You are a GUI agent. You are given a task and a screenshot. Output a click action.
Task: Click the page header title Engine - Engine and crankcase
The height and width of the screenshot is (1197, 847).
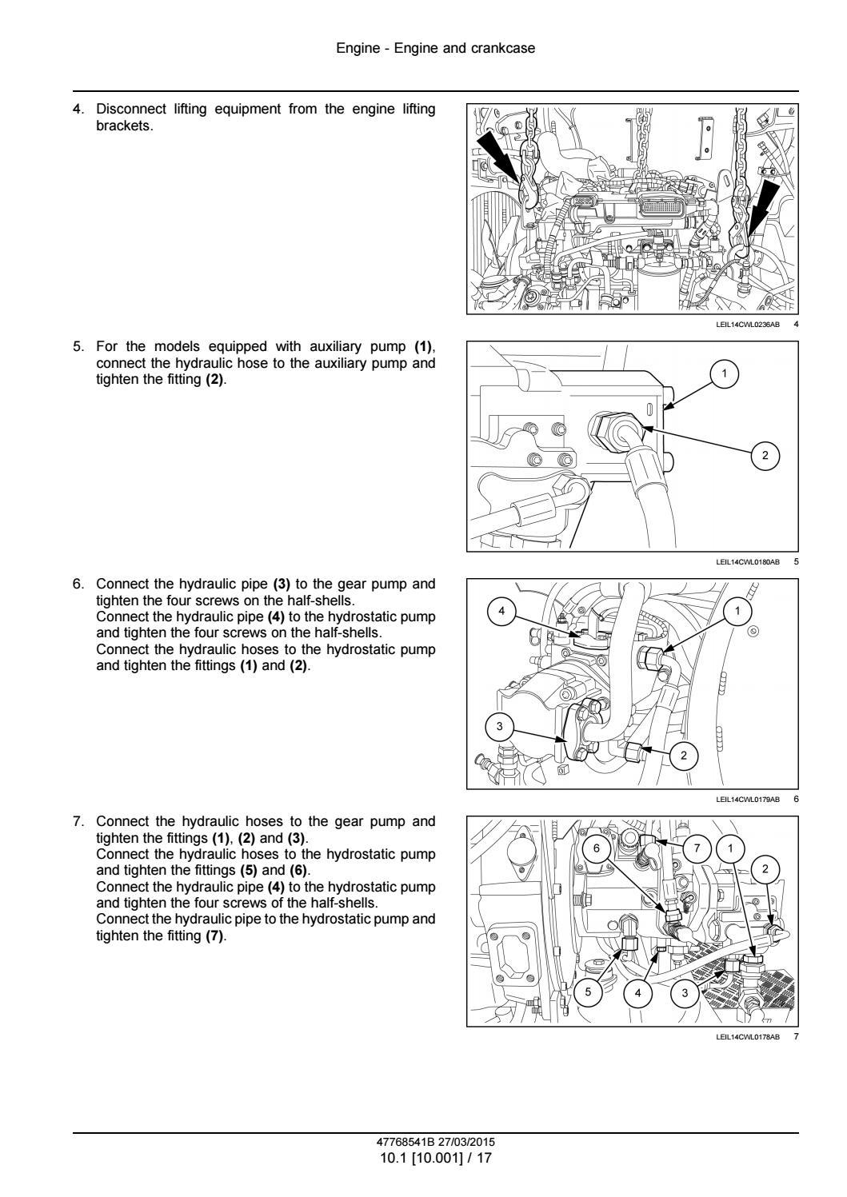click(436, 48)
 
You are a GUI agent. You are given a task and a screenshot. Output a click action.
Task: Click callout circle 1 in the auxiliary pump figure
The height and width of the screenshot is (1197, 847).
click(724, 373)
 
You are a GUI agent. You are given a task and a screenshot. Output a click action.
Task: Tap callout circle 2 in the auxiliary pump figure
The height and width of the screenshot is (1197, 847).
click(765, 455)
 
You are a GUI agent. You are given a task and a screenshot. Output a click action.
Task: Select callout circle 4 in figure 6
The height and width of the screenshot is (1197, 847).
click(501, 611)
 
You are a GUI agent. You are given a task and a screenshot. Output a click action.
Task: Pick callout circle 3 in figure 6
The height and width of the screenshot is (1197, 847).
click(500, 726)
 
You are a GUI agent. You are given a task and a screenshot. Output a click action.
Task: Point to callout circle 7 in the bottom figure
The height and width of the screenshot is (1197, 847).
click(697, 848)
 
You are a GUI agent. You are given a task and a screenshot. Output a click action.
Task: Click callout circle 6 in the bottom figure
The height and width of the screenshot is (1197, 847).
click(597, 848)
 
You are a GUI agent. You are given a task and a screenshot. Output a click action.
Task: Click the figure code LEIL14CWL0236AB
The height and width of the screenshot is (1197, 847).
click(748, 325)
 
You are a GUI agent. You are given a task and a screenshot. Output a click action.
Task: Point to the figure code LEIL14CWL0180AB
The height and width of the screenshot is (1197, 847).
click(748, 562)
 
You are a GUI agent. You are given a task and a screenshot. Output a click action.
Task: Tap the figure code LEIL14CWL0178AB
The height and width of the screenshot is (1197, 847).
click(748, 1037)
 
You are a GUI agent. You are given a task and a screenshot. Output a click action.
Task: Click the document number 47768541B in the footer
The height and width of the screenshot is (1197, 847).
click(406, 1142)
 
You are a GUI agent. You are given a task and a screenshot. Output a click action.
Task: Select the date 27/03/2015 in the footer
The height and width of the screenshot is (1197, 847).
click(466, 1142)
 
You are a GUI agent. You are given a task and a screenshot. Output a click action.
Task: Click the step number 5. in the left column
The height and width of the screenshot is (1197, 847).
click(78, 346)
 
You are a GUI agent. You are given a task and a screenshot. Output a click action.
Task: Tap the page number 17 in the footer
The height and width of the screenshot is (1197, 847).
click(484, 1158)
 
